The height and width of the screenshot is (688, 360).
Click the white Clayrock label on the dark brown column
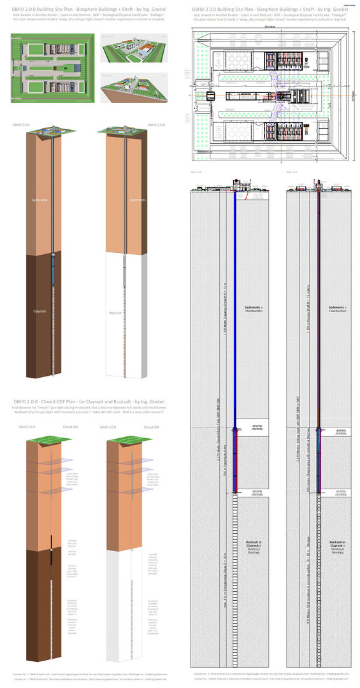(x=40, y=311)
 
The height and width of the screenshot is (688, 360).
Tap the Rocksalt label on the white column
(x=115, y=313)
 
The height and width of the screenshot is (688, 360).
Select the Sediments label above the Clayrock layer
(x=40, y=200)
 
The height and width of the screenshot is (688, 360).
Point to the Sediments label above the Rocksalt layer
(x=137, y=200)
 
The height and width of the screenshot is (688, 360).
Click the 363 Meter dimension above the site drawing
(x=268, y=27)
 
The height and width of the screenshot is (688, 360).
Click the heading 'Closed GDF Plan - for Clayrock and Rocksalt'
(x=89, y=402)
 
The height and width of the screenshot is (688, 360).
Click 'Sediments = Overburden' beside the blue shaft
(x=254, y=309)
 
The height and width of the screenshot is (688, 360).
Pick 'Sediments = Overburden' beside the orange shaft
(x=337, y=309)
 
